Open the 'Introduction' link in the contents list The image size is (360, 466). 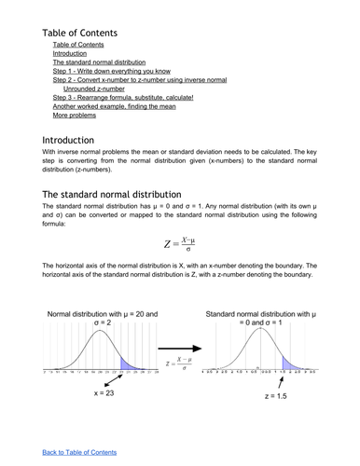[x=71, y=53]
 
